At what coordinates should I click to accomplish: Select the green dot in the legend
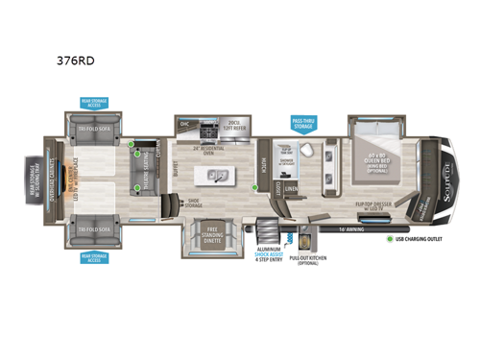coord(390,238)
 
